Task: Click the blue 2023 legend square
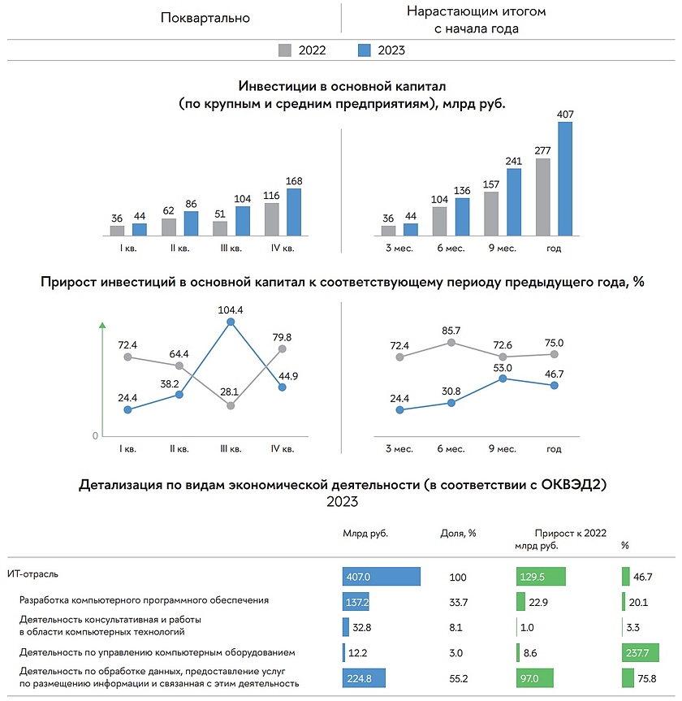(x=364, y=50)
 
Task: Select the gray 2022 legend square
(x=285, y=50)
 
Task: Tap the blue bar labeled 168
(x=294, y=212)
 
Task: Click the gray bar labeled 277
(x=543, y=197)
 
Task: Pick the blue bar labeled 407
(x=565, y=179)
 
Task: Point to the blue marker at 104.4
(x=231, y=322)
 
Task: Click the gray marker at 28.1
(x=231, y=405)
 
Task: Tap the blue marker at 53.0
(x=504, y=378)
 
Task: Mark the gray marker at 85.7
(x=451, y=343)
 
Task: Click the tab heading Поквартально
(x=205, y=18)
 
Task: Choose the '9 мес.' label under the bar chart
(x=503, y=248)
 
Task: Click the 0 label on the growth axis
(x=95, y=436)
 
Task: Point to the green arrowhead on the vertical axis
(x=102, y=326)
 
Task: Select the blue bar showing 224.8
(x=364, y=678)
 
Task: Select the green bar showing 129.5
(x=542, y=576)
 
